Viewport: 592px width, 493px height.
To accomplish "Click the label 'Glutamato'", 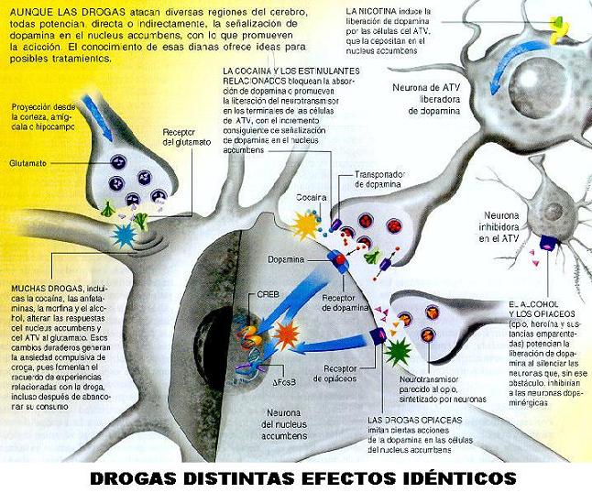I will (x=27, y=163).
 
